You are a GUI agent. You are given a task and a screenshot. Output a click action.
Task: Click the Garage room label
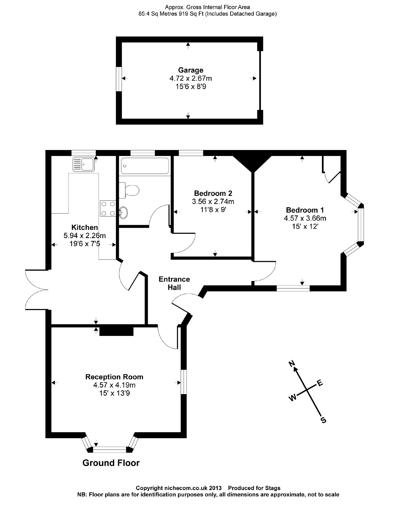pyautogui.click(x=191, y=70)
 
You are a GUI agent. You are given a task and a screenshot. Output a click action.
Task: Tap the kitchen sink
pyautogui.click(x=84, y=164)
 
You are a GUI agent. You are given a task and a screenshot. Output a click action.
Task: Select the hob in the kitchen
pyautogui.click(x=108, y=208)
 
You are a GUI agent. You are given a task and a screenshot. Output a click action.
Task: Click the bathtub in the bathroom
pyautogui.click(x=145, y=166)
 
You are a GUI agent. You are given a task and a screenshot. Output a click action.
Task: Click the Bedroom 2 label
pyautogui.click(x=213, y=193)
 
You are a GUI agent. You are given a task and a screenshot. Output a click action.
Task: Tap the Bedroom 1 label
pyautogui.click(x=305, y=210)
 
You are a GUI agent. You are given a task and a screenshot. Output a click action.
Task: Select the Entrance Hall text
pyautogui.click(x=174, y=283)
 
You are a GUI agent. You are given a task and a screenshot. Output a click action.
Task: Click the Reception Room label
pyautogui.click(x=114, y=377)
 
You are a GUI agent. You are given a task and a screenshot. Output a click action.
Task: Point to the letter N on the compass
pyautogui.click(x=291, y=364)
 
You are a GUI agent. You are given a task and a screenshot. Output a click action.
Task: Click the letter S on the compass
pyautogui.click(x=324, y=420)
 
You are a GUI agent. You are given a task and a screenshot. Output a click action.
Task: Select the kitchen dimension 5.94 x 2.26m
pyautogui.click(x=85, y=236)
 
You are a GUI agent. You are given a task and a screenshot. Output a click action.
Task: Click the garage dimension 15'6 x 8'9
pyautogui.click(x=191, y=87)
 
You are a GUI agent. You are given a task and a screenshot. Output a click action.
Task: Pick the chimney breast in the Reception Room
pyautogui.click(x=116, y=331)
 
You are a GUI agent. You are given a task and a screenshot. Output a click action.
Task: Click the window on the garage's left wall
pyautogui.click(x=119, y=79)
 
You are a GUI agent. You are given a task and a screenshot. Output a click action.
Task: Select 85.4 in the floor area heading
pyautogui.click(x=144, y=14)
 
